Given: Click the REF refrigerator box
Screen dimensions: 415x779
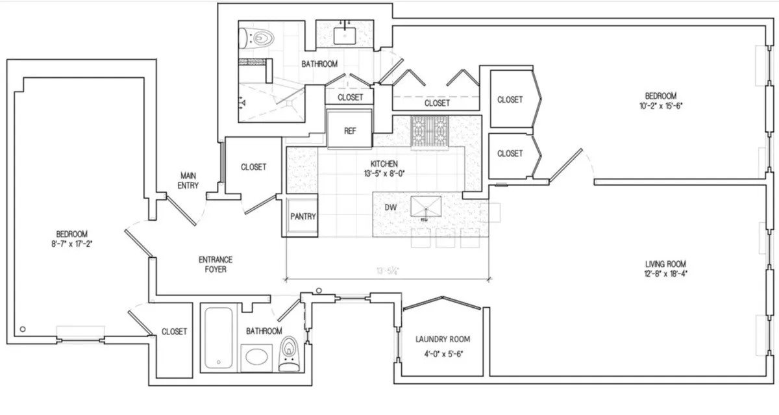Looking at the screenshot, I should tap(349, 130).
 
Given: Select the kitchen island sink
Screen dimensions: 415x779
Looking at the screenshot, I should tap(425, 207).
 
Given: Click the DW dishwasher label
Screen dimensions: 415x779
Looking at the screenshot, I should tap(390, 207).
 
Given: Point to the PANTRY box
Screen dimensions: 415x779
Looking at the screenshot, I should tap(303, 216).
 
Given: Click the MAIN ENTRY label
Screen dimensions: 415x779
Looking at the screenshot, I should tap(189, 181).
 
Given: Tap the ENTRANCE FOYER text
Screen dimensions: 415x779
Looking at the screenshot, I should tap(215, 264).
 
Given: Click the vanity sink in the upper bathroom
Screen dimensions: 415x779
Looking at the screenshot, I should tap(343, 34).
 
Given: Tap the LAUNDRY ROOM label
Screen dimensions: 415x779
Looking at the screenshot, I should tap(442, 339).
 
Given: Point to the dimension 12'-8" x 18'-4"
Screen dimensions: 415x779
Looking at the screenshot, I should tap(665, 273).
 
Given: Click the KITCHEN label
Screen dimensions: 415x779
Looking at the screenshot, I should tap(384, 164).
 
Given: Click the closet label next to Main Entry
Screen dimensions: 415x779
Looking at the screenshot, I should tap(253, 167).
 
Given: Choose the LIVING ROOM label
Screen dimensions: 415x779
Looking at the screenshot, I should tap(665, 264).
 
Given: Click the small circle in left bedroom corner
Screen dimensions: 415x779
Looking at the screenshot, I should tap(23, 329).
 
